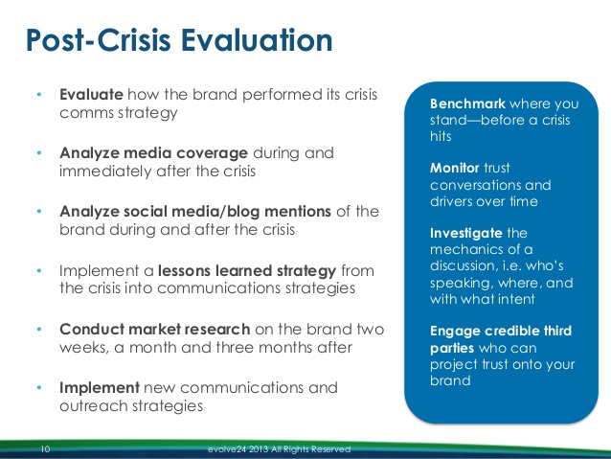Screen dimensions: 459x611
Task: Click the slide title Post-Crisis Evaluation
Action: coord(179,42)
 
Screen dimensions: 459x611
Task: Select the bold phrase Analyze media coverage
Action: coord(154,152)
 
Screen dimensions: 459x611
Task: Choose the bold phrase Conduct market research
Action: coord(155,329)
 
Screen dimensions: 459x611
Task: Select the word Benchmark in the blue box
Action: coord(467,103)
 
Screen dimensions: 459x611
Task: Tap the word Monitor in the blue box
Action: coord(455,168)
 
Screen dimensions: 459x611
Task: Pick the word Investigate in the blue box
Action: coord(464,233)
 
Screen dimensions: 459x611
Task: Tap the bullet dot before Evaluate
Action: coord(39,97)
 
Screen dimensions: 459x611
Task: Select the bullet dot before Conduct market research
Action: coord(39,330)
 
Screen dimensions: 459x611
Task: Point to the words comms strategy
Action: coord(120,113)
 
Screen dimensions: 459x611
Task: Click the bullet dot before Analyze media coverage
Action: coord(39,153)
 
